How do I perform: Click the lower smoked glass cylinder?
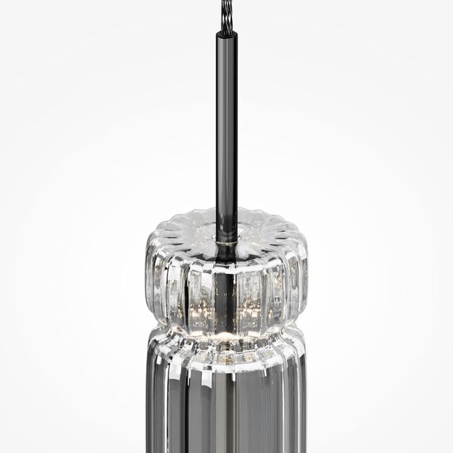[226, 405]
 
